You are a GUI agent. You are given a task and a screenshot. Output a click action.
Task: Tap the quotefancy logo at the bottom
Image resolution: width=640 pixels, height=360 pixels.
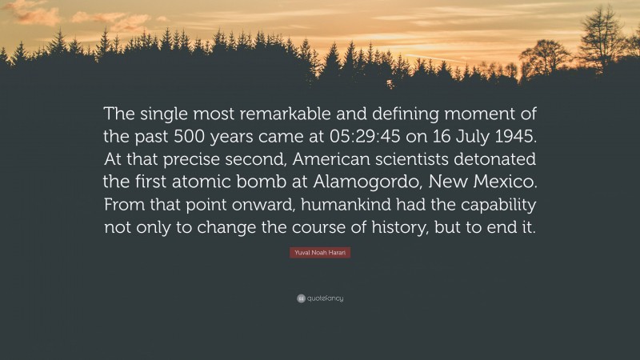(x=320, y=298)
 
